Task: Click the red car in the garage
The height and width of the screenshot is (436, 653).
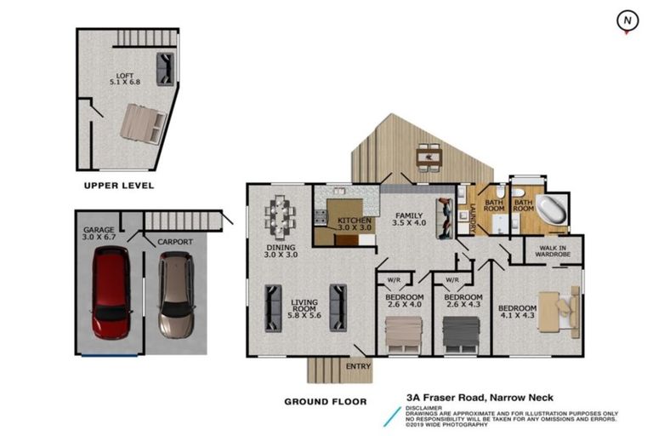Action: [x=111, y=292]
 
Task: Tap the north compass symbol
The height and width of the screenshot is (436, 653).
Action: [x=627, y=21]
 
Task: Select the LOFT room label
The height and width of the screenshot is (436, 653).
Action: [x=124, y=76]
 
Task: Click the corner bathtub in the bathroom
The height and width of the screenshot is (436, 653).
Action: [x=552, y=210]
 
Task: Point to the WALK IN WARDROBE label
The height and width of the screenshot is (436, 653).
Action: [x=553, y=250]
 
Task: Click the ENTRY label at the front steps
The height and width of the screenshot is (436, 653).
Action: [x=358, y=366]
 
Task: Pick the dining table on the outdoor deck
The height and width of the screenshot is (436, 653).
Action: [x=429, y=158]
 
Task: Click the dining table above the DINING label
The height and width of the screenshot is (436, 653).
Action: [x=281, y=217]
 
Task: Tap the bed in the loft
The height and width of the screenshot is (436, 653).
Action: [x=143, y=124]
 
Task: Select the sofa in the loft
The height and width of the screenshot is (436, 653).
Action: [x=165, y=69]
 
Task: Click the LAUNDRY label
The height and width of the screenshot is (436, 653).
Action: [x=473, y=218]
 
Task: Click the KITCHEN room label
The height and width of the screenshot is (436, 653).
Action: [x=354, y=221]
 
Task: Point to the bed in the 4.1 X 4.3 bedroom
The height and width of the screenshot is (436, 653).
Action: [x=559, y=312]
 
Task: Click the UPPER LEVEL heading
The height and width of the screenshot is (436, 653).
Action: [x=119, y=186]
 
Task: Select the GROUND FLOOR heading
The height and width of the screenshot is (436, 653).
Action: [x=326, y=402]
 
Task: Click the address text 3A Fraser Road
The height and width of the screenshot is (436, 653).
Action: [x=446, y=398]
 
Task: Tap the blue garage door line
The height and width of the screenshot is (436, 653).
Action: [x=110, y=355]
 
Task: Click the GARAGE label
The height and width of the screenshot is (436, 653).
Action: [x=99, y=230]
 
